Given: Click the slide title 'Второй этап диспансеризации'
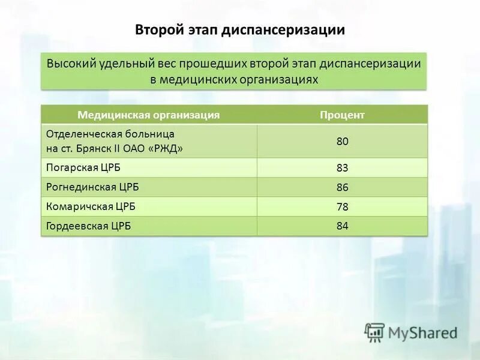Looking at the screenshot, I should point(240,29).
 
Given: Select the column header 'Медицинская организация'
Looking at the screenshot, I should point(148,115).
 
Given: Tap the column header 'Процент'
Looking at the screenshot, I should point(342,115).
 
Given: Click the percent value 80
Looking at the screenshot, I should point(342,142).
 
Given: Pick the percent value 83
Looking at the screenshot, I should point(342,168).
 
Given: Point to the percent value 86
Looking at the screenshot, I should point(342,188).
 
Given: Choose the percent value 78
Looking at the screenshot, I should point(342,207).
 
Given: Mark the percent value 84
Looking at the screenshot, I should point(342,226).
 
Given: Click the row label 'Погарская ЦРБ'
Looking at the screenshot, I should point(79,167).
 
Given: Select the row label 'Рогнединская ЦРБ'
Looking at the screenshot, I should point(88,187).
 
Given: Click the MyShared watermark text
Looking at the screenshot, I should point(422,332).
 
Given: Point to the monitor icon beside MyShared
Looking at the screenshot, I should point(374,332).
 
